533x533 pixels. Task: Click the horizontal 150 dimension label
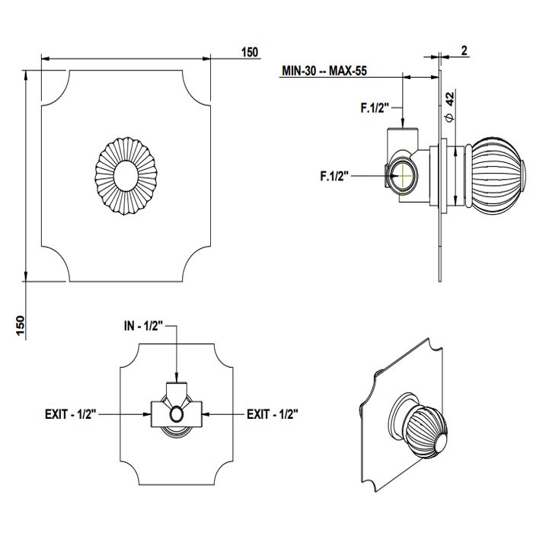click(250, 53)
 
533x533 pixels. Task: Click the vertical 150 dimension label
click(21, 326)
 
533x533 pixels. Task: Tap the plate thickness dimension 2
click(464, 51)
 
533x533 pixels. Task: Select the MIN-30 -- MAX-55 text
click(324, 71)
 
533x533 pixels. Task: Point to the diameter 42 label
click(449, 107)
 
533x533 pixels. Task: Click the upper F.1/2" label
click(375, 108)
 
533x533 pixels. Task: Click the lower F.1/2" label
click(334, 176)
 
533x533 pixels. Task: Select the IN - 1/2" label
click(144, 327)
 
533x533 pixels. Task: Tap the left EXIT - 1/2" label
click(71, 414)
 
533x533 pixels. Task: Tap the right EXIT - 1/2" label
click(273, 414)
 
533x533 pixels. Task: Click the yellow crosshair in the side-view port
click(403, 176)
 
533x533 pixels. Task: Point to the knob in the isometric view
click(425, 428)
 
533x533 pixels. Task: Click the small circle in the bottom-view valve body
click(177, 414)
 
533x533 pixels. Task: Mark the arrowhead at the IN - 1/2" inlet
click(177, 378)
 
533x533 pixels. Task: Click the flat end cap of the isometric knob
click(441, 444)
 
